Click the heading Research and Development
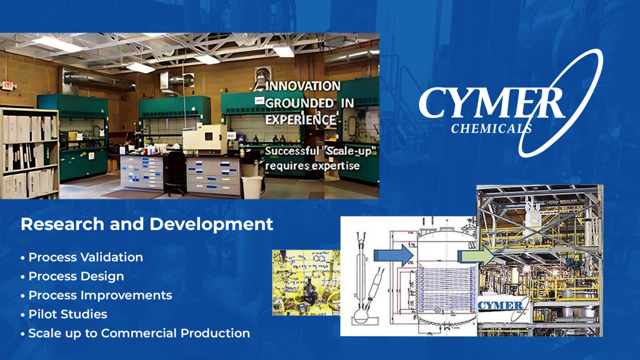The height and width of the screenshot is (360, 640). pos(147,224)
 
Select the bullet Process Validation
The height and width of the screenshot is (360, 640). pos(85,257)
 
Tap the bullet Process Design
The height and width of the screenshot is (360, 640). pos(76,276)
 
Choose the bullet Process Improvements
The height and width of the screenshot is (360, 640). pos(100,295)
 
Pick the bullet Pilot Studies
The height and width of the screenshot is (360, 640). pos(67,314)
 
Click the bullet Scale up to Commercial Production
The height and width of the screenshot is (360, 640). pos(139,333)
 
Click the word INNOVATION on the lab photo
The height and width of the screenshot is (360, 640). pos(303,86)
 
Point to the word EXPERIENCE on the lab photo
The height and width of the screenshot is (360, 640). pos(301,120)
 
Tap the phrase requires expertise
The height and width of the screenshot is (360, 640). pos(312,166)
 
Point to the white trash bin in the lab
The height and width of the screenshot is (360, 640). pos(252,187)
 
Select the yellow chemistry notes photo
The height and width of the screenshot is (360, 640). pos(306,282)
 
